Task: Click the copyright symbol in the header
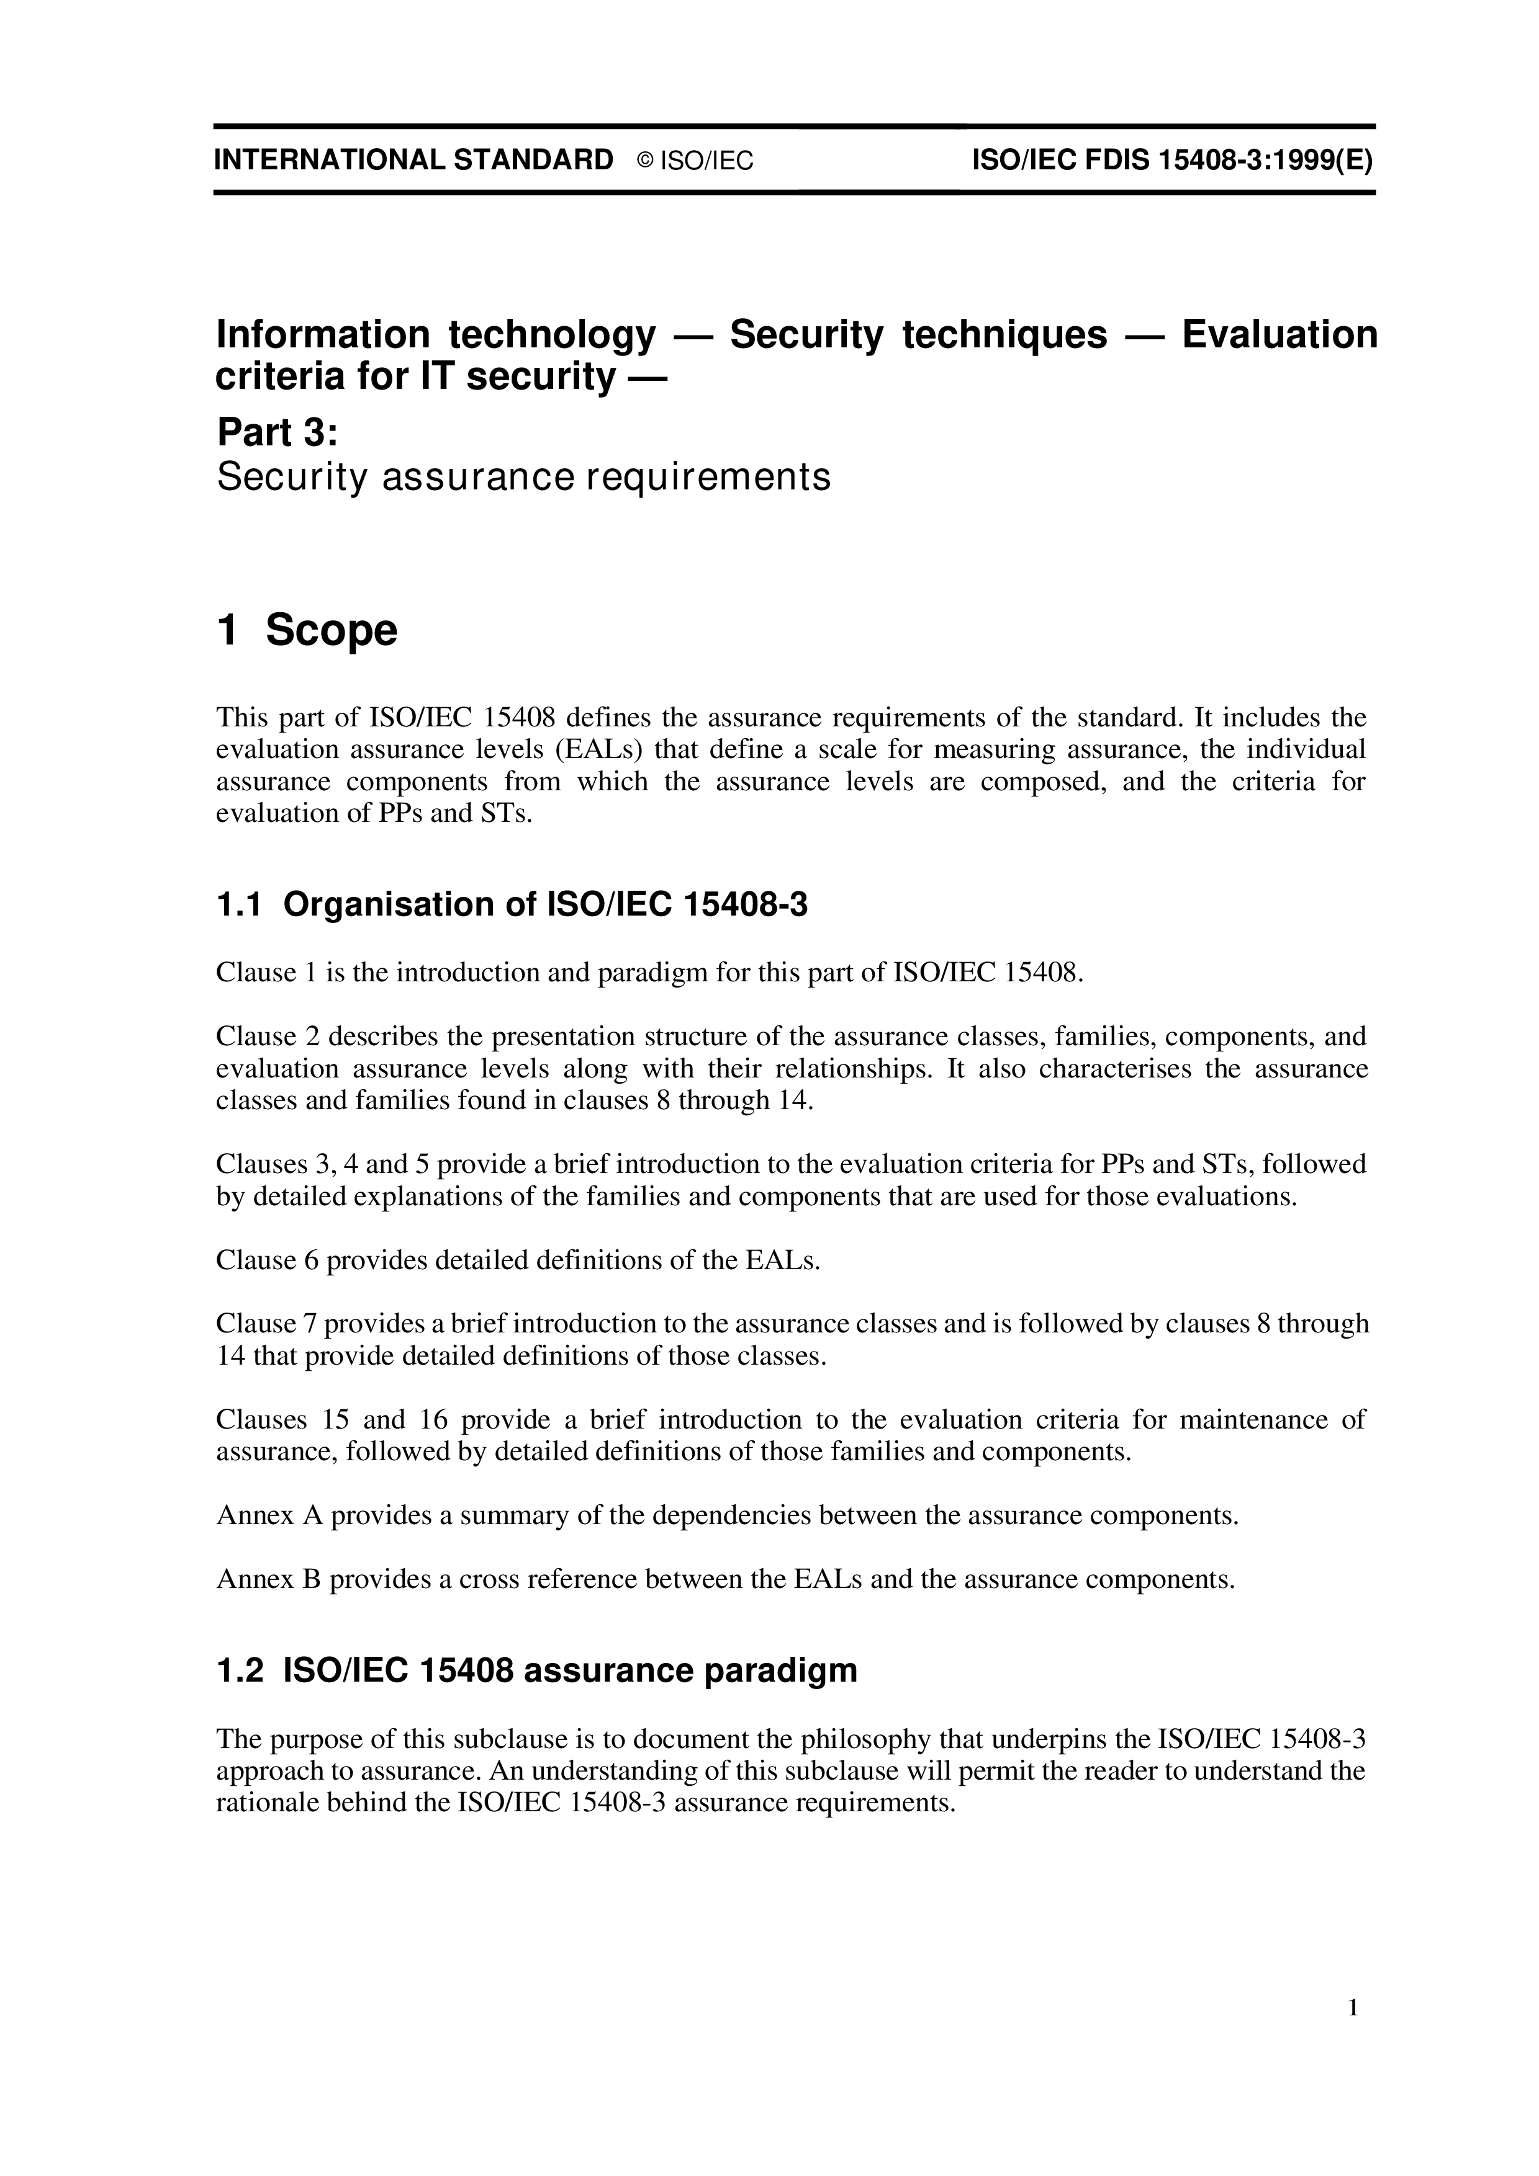point(645,161)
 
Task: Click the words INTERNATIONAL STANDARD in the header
point(413,159)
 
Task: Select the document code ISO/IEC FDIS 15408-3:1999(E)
point(1173,159)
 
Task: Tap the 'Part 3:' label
point(277,432)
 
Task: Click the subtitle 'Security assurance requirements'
point(523,477)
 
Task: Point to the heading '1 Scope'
point(307,630)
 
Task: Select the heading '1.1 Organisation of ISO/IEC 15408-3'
point(512,905)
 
